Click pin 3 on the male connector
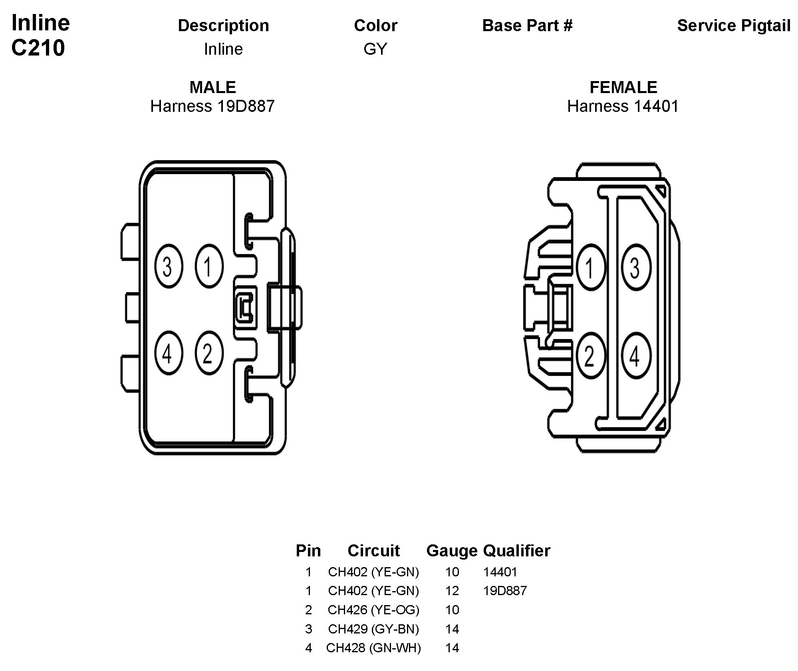(x=168, y=266)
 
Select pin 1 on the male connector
(x=208, y=266)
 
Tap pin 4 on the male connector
(x=168, y=353)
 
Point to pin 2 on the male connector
(x=208, y=353)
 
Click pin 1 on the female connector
(x=591, y=267)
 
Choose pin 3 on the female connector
(x=635, y=267)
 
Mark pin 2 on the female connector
(x=591, y=355)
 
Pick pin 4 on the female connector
(x=635, y=355)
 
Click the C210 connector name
(x=38, y=48)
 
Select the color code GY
(x=375, y=49)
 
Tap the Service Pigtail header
(x=734, y=26)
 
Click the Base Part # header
(x=527, y=26)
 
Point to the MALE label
(x=212, y=87)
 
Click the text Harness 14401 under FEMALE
(x=623, y=106)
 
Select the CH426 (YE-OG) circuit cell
(x=373, y=610)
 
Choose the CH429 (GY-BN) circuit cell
(x=373, y=629)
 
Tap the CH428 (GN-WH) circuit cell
(x=373, y=648)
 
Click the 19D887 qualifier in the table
(x=505, y=591)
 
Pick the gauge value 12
(x=452, y=591)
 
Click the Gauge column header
(x=452, y=551)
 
